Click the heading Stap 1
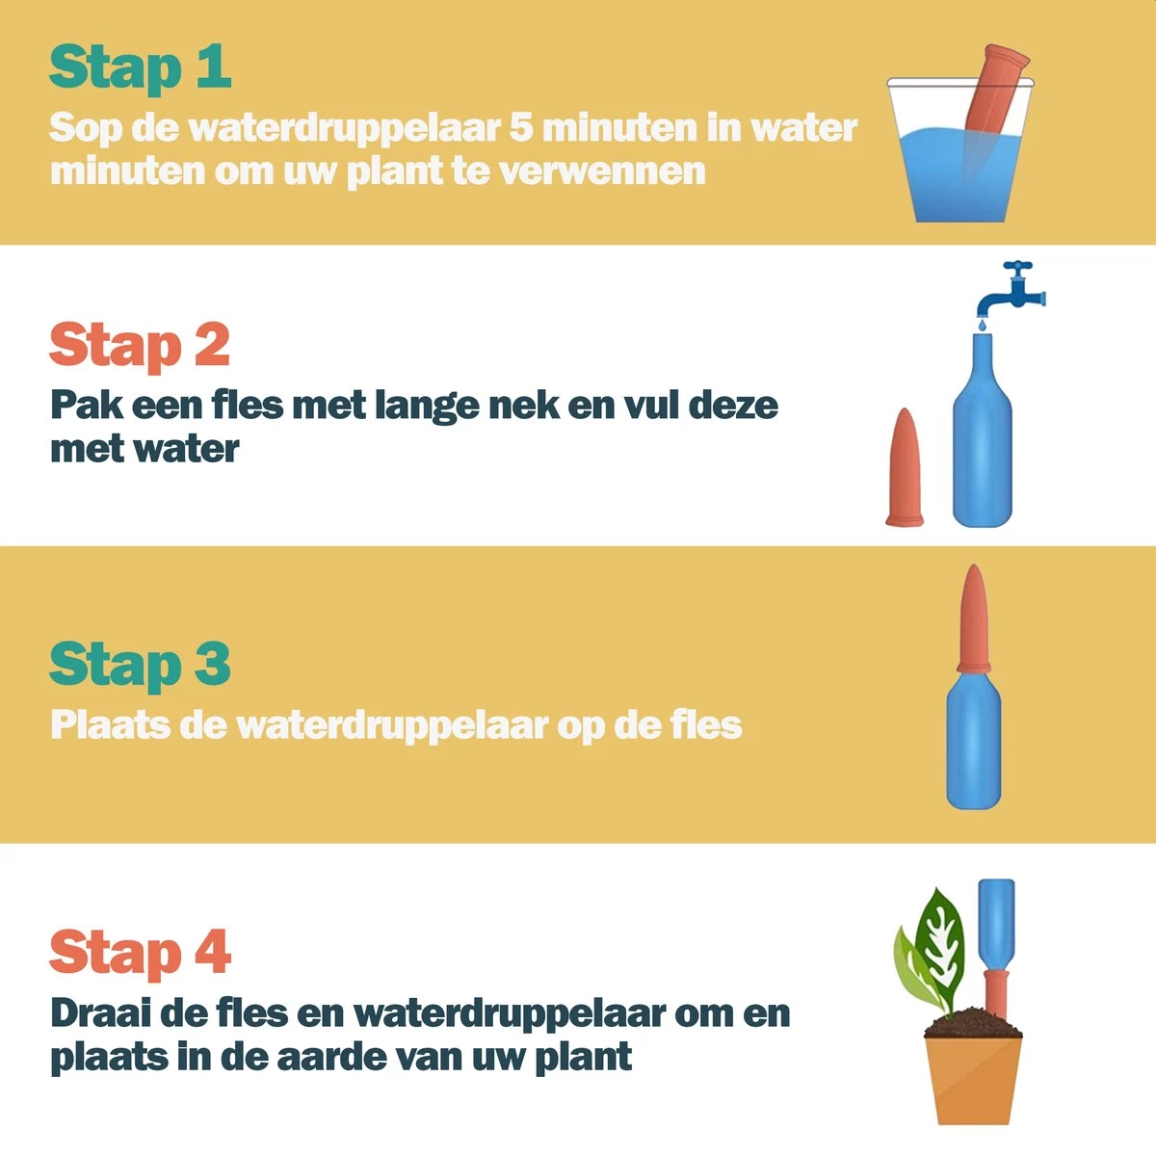(140, 67)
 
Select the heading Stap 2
(140, 345)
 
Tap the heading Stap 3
(140, 665)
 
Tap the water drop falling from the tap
(980, 327)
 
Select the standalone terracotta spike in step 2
(905, 470)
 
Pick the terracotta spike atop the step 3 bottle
(974, 617)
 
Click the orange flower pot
(973, 1079)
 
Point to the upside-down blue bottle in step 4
(997, 920)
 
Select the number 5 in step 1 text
(522, 127)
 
